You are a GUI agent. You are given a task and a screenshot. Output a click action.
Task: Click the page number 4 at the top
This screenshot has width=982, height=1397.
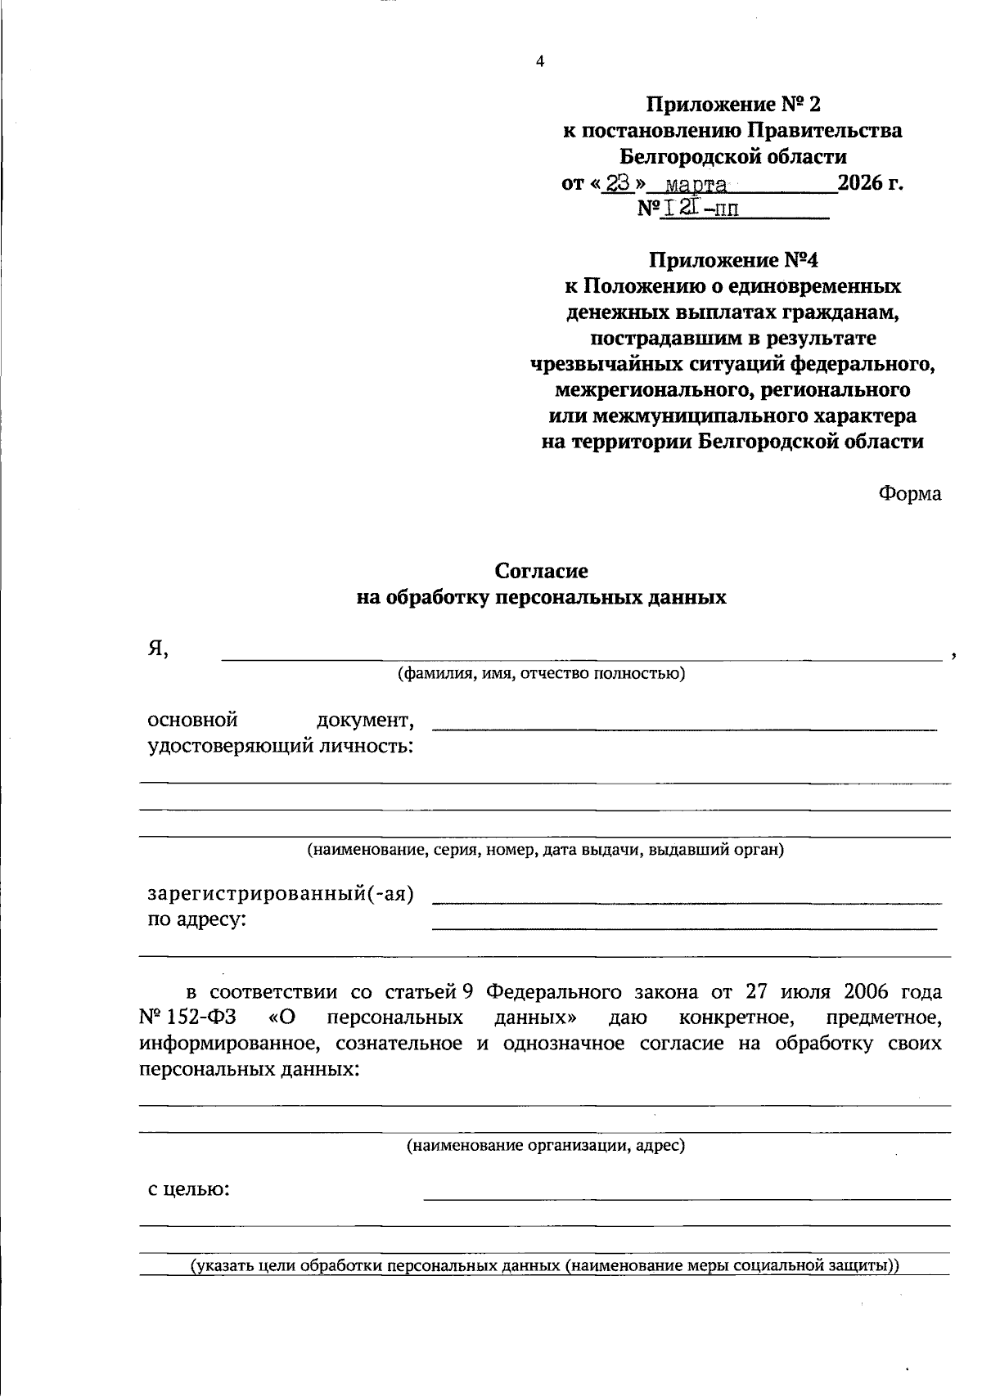click(x=539, y=61)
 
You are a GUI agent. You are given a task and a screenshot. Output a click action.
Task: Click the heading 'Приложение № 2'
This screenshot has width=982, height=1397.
click(x=732, y=104)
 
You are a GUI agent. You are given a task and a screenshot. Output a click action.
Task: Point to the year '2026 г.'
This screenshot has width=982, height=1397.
click(x=871, y=182)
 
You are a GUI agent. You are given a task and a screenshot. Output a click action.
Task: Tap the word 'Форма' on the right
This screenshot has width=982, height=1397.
click(x=910, y=493)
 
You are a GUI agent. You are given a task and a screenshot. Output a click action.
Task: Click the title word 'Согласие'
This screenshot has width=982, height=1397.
click(x=541, y=571)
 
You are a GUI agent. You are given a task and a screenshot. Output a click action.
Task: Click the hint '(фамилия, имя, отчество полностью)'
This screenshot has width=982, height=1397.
click(x=541, y=674)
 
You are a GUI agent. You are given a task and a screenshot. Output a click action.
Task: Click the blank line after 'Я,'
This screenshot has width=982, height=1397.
click(x=581, y=658)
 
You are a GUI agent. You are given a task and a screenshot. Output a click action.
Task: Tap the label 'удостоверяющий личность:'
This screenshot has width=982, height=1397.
click(x=280, y=746)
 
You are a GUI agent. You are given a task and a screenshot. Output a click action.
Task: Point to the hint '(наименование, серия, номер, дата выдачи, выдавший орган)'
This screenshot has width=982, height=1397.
click(x=545, y=850)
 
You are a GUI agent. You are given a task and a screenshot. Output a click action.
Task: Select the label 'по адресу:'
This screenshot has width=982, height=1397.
click(x=196, y=919)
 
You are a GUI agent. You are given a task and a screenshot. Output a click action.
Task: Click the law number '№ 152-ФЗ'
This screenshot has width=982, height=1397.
click(x=187, y=1017)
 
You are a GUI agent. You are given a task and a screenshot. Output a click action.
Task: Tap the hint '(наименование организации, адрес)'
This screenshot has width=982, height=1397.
click(x=545, y=1145)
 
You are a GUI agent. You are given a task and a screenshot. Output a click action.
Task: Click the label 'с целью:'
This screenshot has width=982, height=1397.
click(x=188, y=1189)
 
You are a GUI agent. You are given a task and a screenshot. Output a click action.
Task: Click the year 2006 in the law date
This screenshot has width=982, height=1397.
click(x=850, y=992)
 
